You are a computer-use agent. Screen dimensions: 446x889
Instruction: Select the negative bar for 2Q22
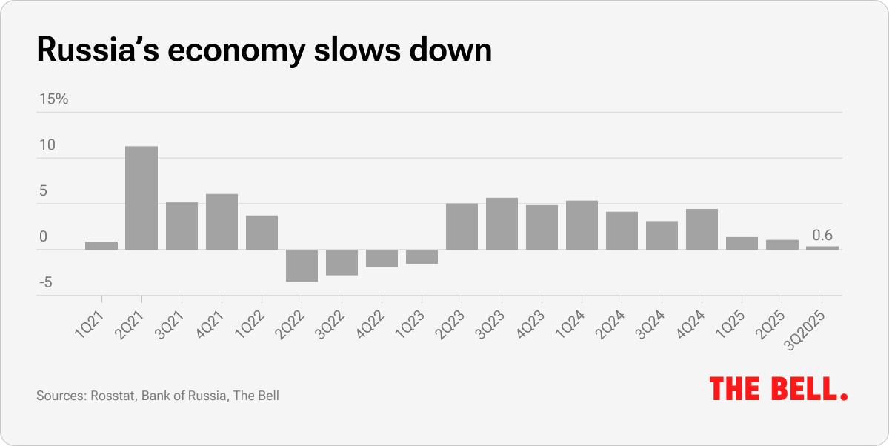click(x=302, y=265)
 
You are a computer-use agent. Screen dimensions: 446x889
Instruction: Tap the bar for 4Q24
click(x=702, y=229)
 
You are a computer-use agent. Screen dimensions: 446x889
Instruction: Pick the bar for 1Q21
click(x=101, y=245)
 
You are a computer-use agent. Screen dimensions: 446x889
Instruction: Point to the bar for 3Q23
click(x=502, y=223)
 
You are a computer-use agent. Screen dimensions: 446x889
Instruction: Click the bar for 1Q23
click(x=422, y=256)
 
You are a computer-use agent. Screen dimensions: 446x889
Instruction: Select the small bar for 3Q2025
click(x=822, y=247)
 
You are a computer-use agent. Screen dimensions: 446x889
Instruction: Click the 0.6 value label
click(x=822, y=236)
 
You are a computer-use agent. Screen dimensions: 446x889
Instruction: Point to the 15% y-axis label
click(x=53, y=99)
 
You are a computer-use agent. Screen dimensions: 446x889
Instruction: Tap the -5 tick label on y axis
click(x=46, y=283)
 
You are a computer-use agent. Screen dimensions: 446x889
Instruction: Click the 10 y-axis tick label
click(x=47, y=145)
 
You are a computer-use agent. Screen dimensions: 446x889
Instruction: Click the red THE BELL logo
click(x=779, y=388)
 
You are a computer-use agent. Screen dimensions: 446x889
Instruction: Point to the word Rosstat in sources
click(x=113, y=396)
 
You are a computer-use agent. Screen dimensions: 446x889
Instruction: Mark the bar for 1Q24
click(x=582, y=224)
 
